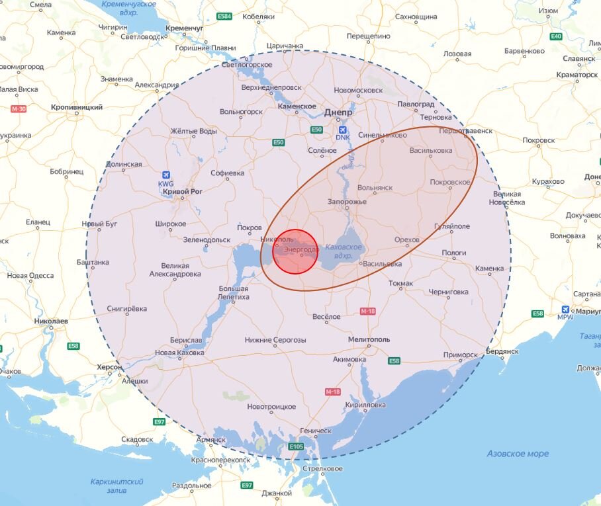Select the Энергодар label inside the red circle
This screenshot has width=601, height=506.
(x=300, y=250)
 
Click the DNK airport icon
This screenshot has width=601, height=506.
(x=344, y=130)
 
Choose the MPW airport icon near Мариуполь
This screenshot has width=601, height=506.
(x=565, y=309)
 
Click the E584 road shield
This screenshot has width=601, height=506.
(x=225, y=16)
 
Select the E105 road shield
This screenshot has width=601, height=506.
(x=296, y=448)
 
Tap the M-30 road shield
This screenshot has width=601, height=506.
(x=18, y=108)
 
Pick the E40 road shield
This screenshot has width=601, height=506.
(x=556, y=36)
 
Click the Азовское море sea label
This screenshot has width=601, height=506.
(x=518, y=454)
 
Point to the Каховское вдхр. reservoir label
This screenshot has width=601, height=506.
(x=344, y=251)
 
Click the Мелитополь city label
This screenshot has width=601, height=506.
(x=369, y=339)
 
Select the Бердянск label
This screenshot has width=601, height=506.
(x=503, y=351)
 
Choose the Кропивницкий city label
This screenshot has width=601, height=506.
(x=77, y=106)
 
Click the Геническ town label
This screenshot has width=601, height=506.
(x=315, y=431)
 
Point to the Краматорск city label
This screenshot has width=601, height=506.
(x=577, y=75)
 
